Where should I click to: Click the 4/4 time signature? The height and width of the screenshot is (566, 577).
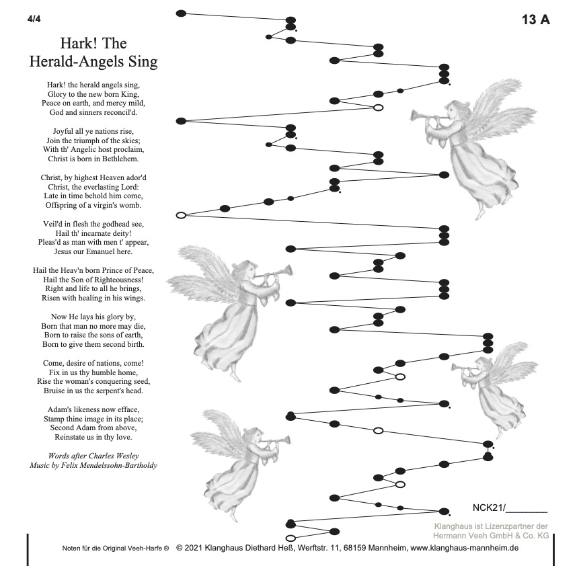click(34, 17)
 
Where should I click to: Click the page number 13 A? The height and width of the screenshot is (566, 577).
click(535, 19)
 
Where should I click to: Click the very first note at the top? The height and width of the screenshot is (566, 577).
click(180, 13)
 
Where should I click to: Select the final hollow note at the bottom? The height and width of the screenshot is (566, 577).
click(291, 538)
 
